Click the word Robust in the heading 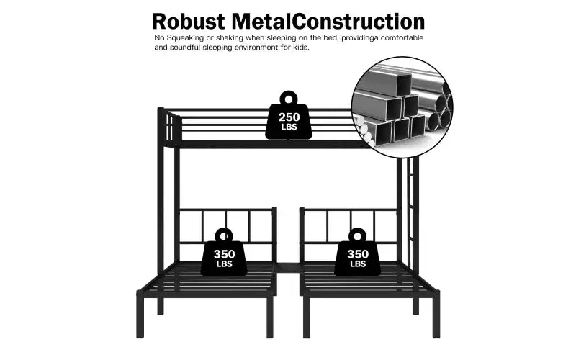pos(188,22)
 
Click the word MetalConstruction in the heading pos(328,22)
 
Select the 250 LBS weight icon pos(289,115)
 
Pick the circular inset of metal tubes pos(402,107)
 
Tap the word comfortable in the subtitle pos(402,38)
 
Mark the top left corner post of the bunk pos(161,210)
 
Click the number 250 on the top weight pos(289,117)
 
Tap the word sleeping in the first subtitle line pos(259,38)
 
